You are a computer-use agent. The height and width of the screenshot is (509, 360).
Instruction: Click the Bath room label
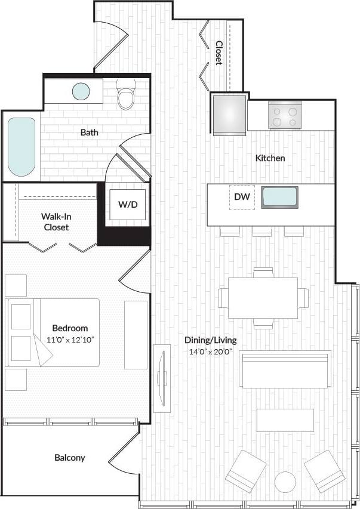point(90,132)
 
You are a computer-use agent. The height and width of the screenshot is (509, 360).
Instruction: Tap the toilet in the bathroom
point(126,98)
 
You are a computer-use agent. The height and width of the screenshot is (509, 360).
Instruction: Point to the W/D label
point(127,205)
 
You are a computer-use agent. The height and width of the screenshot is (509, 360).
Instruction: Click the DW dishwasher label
point(241,197)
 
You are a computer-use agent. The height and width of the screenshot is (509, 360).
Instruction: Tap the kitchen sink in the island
point(279,198)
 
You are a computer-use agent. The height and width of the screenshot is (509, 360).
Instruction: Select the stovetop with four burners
point(285,115)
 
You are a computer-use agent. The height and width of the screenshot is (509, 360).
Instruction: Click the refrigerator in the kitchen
point(230,115)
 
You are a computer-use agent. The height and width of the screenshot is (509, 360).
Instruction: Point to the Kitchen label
point(270,158)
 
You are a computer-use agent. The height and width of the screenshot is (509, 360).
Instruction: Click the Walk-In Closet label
point(55,221)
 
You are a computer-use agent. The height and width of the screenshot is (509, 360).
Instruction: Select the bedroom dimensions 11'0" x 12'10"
point(70,339)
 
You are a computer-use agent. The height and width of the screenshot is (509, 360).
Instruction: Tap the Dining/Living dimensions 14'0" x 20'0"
point(210,352)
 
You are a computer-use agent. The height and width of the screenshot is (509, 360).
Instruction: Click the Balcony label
point(70,458)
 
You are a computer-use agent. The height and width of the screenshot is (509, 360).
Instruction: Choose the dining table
point(263,297)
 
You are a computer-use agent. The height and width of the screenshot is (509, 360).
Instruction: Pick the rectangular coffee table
point(285,420)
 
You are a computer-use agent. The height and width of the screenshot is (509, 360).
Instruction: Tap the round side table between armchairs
point(285,482)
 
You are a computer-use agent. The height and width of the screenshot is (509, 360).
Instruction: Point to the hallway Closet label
point(219,53)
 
